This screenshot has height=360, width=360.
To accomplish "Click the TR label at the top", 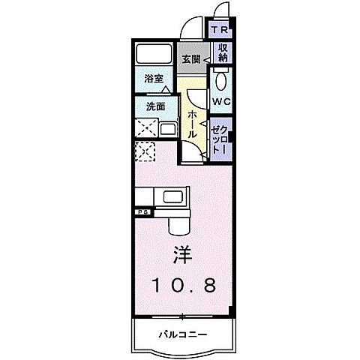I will pos(220,30).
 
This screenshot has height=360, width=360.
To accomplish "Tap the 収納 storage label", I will pos(223,52).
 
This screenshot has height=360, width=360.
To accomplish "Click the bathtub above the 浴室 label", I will pos(154,55).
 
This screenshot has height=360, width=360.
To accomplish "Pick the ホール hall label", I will pos(192,122).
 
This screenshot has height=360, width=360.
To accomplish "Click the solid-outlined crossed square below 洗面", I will pos(146,128).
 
